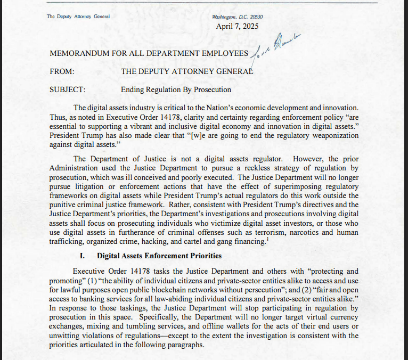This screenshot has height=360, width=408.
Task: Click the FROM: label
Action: [61, 71]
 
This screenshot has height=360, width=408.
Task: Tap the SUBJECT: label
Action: [67, 89]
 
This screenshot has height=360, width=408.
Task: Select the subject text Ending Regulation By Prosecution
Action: [176, 89]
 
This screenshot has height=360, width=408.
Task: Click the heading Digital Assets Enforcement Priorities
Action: [159, 256]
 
